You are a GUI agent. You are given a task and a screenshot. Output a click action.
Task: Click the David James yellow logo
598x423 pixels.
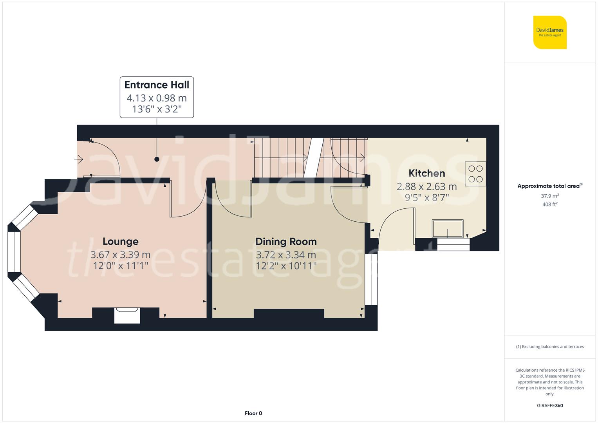click(x=550, y=32)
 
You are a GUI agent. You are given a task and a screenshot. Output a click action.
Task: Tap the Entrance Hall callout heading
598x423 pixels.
click(x=157, y=85)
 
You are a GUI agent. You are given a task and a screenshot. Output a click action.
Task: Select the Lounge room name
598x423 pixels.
click(x=121, y=241)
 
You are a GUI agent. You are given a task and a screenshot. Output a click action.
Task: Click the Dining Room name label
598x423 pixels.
click(x=286, y=242)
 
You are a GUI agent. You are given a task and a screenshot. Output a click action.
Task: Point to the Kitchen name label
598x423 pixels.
click(x=426, y=173)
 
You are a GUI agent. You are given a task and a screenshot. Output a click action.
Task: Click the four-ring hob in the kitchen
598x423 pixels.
click(x=475, y=174)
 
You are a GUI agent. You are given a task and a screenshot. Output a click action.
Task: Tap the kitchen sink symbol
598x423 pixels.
click(x=448, y=229)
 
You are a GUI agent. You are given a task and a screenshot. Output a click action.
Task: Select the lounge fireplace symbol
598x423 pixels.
click(x=127, y=315)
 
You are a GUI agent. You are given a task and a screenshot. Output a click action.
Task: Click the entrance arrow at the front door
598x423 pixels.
click(x=79, y=159)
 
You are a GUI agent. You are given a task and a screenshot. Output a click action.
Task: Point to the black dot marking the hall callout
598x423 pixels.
click(x=157, y=159)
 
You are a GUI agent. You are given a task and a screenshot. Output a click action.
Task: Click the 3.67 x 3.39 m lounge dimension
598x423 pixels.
click(x=121, y=255)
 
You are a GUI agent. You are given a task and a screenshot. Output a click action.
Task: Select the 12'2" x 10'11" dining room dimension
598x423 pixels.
click(x=286, y=266)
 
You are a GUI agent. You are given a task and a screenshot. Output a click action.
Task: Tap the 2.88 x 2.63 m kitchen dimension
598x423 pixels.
click(x=426, y=186)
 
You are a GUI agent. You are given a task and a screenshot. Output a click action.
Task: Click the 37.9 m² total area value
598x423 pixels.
click(x=550, y=196)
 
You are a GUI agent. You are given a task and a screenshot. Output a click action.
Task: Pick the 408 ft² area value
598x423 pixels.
click(x=550, y=204)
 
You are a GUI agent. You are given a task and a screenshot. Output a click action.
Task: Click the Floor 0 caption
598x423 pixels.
click(x=253, y=413)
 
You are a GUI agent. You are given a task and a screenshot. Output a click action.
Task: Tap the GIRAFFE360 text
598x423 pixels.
click(x=550, y=406)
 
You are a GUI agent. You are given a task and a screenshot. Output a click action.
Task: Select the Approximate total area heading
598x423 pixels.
click(x=550, y=186)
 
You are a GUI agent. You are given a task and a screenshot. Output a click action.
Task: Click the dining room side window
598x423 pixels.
click(x=371, y=279)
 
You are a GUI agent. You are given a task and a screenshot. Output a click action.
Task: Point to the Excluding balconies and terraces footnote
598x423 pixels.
click(x=550, y=347)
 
